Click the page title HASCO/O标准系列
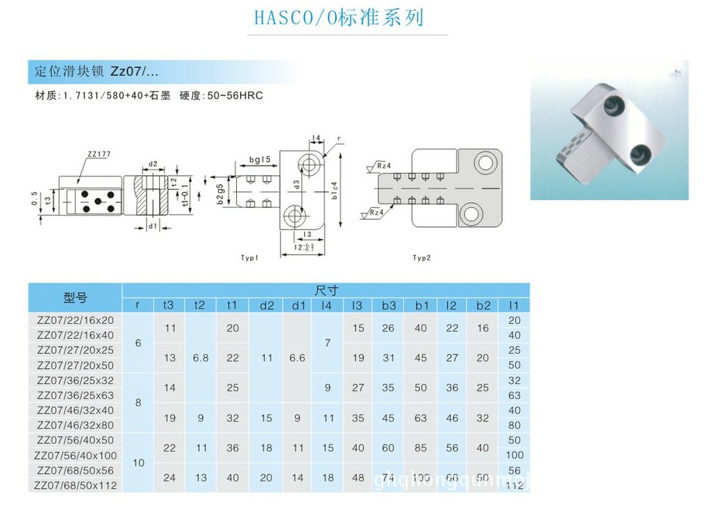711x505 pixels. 338,17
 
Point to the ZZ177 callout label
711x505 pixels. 99,154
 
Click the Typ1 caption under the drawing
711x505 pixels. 250,258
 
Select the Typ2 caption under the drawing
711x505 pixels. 421,258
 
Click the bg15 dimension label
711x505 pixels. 260,160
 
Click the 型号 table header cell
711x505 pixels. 75,298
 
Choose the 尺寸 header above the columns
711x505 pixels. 326,290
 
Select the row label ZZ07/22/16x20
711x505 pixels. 75,320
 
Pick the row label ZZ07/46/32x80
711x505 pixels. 75,425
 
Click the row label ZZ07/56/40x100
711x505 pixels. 75,456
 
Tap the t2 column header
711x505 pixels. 200,305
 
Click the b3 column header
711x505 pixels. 388,305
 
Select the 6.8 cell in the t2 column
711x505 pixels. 200,358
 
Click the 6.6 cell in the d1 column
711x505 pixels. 297,358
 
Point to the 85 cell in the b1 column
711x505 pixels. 421,448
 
